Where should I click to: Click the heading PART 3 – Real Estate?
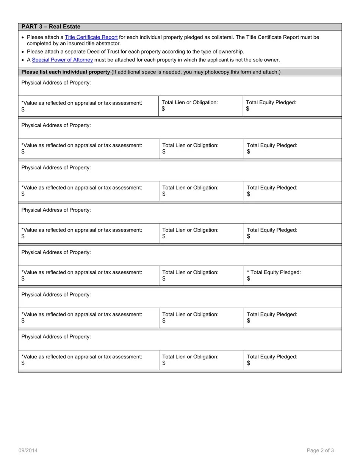pyautogui.click(x=51, y=27)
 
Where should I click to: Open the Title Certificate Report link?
pyautogui.click(x=91, y=37)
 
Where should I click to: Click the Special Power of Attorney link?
pyautogui.click(x=62, y=60)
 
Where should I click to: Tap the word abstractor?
pyautogui.click(x=108, y=44)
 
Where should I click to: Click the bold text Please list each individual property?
pyautogui.click(x=66, y=72)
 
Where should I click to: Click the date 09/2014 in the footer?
pyautogui.click(x=28, y=450)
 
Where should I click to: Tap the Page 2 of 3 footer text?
pyautogui.click(x=320, y=450)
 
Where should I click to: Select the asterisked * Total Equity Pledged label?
pyautogui.click(x=274, y=272)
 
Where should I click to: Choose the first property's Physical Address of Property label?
pyautogui.click(x=56, y=83)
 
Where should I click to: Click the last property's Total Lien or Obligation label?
pyautogui.click(x=190, y=357)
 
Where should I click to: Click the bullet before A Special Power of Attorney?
pyautogui.click(x=23, y=60)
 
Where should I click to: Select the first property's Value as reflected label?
pyautogui.click(x=82, y=103)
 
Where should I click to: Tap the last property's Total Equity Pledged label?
pyautogui.click(x=272, y=357)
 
